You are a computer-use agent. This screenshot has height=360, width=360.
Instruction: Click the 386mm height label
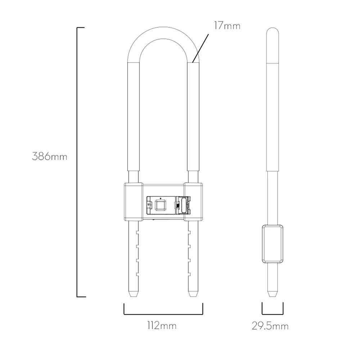click(x=49, y=157)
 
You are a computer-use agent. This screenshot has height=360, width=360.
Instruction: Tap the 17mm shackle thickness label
click(x=227, y=26)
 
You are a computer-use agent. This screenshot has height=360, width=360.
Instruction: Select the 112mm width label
click(x=162, y=325)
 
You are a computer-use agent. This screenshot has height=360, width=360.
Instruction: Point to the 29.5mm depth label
click(x=270, y=326)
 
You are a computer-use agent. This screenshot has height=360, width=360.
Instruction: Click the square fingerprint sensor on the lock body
click(x=161, y=205)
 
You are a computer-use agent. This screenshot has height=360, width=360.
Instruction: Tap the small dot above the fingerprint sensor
click(x=161, y=198)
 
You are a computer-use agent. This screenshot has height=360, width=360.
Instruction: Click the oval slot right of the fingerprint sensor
click(x=184, y=205)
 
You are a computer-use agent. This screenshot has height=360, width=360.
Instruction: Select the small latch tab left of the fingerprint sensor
click(x=149, y=205)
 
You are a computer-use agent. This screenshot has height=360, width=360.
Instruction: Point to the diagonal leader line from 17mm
click(x=200, y=49)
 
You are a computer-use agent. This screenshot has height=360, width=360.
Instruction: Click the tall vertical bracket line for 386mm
click(x=77, y=162)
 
